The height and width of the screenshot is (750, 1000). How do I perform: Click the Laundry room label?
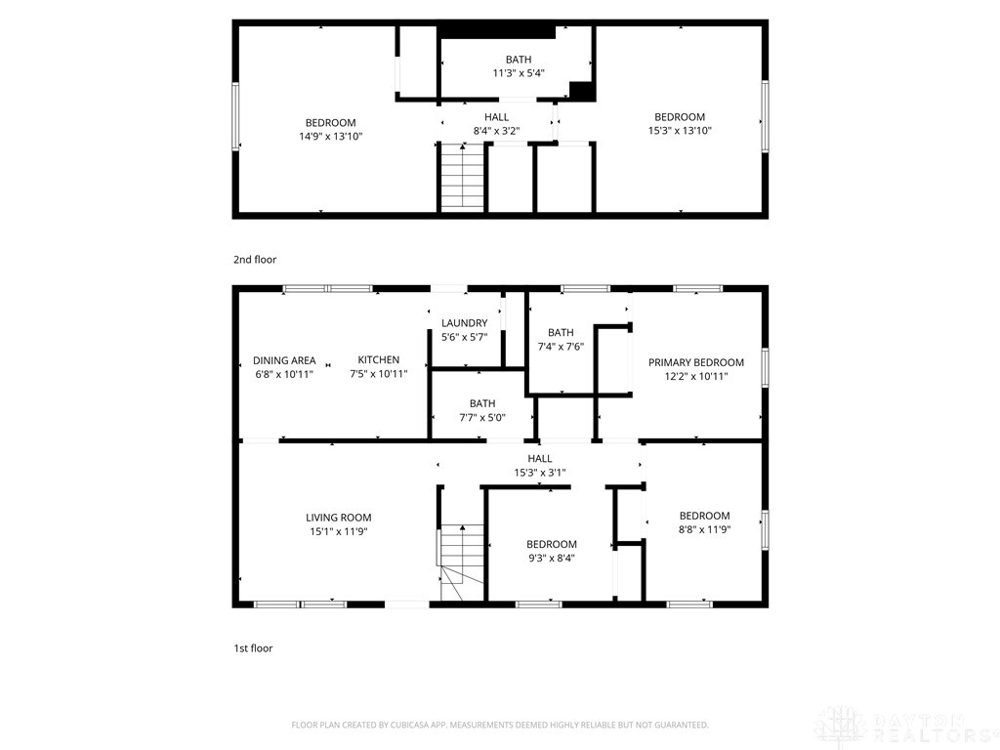(464, 323)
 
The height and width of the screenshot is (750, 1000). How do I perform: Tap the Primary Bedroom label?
(695, 362)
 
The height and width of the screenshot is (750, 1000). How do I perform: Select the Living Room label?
(338, 518)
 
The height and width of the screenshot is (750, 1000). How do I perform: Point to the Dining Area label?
(284, 360)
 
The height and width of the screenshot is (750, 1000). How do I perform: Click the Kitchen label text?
(378, 359)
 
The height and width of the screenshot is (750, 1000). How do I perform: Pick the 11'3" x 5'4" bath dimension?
(519, 72)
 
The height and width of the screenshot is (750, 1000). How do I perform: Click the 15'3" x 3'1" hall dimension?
(539, 473)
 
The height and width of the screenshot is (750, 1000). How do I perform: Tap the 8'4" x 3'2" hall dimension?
(496, 131)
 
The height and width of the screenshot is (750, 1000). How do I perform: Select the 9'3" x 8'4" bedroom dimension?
(552, 558)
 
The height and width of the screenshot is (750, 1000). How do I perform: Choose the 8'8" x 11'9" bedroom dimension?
(704, 529)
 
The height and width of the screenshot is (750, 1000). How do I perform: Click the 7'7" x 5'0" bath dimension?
(482, 418)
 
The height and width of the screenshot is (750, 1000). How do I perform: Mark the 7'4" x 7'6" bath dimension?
(561, 347)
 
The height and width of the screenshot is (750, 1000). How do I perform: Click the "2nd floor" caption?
(255, 260)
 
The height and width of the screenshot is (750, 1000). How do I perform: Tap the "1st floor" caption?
(253, 648)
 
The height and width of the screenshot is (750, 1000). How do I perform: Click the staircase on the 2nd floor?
(462, 177)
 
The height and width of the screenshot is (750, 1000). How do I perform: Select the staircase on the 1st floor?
(461, 562)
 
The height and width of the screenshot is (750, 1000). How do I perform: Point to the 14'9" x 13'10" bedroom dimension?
(330, 137)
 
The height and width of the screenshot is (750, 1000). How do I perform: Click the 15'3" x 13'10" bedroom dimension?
(680, 131)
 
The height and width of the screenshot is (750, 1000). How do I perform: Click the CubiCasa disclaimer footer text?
(500, 726)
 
